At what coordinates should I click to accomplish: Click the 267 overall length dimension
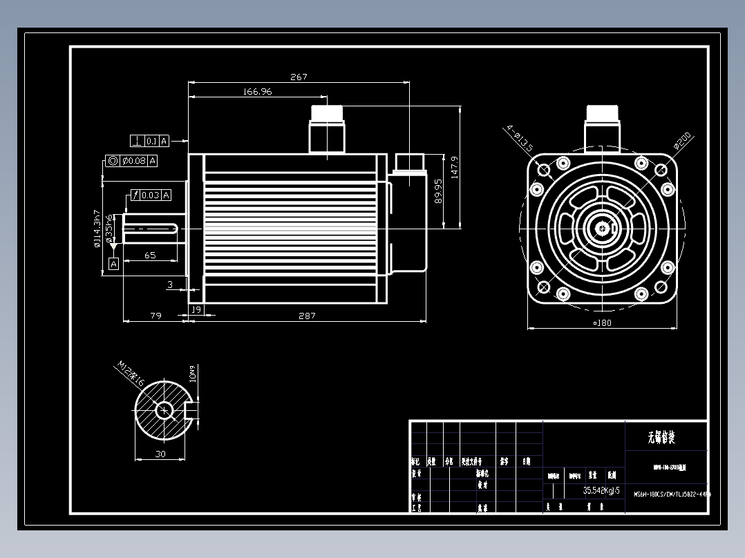coord(299,77)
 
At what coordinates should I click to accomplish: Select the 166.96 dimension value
coord(257,91)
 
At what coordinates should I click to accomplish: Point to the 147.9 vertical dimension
coord(454,167)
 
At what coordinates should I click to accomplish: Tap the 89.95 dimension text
coord(437,191)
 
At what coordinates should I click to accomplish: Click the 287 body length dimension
coord(307,316)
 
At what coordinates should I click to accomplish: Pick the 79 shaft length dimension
coord(155,316)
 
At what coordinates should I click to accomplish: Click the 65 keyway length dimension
coord(150,255)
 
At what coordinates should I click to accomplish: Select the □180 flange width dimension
coord(602,323)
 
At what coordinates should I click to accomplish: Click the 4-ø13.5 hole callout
coord(519,137)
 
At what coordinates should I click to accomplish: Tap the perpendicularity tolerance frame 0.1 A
coord(150,142)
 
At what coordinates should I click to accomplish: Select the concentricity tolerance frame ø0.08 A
coord(131,161)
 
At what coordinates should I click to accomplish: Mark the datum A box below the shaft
coord(113,264)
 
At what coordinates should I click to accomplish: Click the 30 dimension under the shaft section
coord(160,454)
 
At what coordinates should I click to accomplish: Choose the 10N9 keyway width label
coord(193,374)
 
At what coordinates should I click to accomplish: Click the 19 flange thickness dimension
coord(196,310)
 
